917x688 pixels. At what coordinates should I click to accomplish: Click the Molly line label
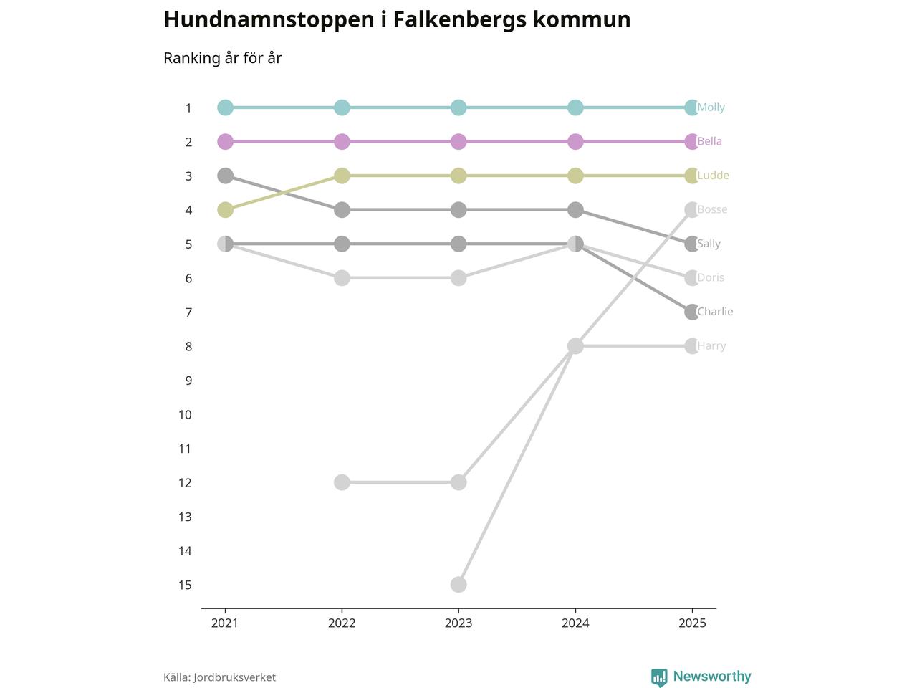point(711,107)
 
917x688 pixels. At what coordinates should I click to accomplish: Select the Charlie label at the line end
point(715,312)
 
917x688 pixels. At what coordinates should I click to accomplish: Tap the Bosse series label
point(712,209)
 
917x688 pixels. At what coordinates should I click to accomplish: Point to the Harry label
point(711,346)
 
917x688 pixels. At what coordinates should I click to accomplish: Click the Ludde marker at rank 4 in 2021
point(226,210)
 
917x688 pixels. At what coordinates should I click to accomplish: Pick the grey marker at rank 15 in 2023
point(458,585)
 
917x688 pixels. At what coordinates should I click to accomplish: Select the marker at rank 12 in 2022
point(342,482)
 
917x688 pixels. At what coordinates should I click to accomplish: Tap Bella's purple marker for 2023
point(458,142)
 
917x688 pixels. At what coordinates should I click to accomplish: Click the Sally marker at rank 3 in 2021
point(226,176)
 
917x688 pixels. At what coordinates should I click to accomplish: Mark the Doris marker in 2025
point(691,278)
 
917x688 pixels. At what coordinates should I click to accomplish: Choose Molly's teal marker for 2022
point(342,107)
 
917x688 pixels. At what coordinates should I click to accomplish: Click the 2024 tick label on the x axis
point(575,623)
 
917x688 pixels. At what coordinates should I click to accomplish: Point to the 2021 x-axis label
point(225,623)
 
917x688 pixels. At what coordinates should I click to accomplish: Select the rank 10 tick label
point(185,415)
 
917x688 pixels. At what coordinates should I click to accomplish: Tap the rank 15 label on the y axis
point(185,586)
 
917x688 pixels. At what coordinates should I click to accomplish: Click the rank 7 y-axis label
point(188,312)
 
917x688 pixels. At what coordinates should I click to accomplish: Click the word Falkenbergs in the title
point(459,19)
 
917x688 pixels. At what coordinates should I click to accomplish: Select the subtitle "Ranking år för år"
point(223,58)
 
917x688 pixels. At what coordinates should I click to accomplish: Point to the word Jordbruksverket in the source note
point(234,677)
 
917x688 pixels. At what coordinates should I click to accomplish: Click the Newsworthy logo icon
point(659,677)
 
